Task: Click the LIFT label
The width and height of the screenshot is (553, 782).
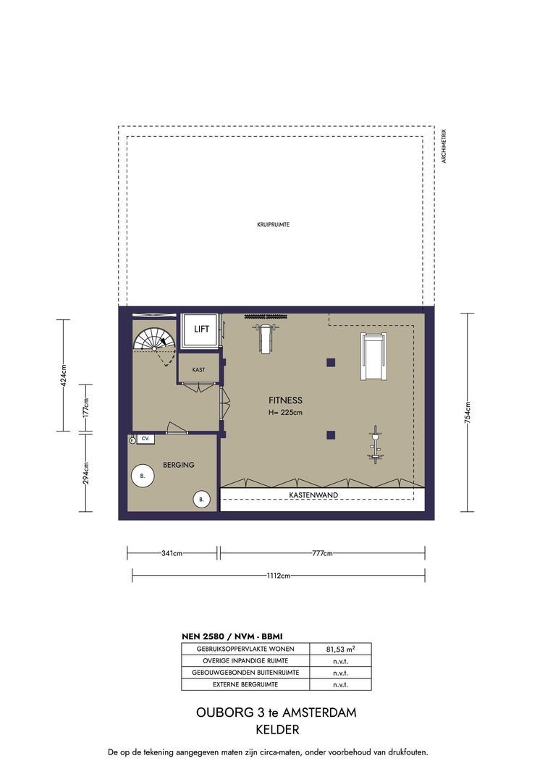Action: (201, 329)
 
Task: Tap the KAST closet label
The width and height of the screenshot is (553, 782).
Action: (198, 370)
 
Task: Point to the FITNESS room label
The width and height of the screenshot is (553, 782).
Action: (285, 400)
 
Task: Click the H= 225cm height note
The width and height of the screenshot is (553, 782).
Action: (285, 413)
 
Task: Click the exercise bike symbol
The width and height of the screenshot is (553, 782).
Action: (374, 445)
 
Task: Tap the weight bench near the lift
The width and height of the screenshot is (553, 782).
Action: (265, 337)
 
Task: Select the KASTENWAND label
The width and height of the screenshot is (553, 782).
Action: (313, 495)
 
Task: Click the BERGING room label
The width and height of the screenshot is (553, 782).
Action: (179, 465)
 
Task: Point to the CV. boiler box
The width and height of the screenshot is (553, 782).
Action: (145, 439)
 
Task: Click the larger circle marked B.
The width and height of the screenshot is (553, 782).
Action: (143, 476)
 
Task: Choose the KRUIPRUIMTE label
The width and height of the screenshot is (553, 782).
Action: (274, 225)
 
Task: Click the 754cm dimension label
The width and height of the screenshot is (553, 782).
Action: (468, 413)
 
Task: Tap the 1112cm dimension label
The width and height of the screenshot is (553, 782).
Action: (278, 576)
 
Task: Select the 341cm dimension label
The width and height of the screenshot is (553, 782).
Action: (172, 553)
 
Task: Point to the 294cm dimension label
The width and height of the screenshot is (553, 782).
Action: (85, 473)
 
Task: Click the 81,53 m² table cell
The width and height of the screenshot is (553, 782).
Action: (341, 649)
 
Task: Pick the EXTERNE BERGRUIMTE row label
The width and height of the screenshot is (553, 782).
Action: (245, 685)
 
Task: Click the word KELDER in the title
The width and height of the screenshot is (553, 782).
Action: (277, 730)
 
